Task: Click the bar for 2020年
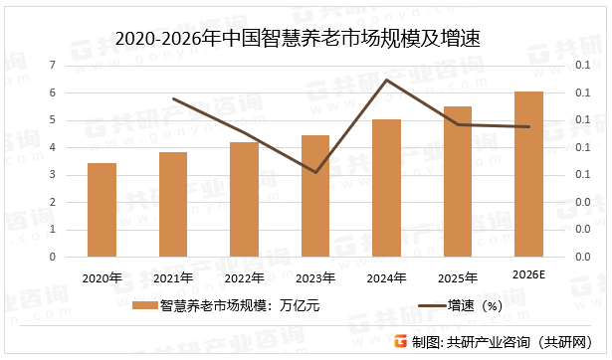102,210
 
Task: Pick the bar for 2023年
314,196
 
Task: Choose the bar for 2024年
386,188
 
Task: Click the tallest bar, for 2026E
528,174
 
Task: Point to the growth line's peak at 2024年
386,80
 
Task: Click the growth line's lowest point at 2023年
314,172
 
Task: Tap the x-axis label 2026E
528,274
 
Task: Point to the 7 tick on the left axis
52,66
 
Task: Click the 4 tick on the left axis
52,147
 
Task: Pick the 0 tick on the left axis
52,257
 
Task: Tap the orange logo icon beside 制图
402,341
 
